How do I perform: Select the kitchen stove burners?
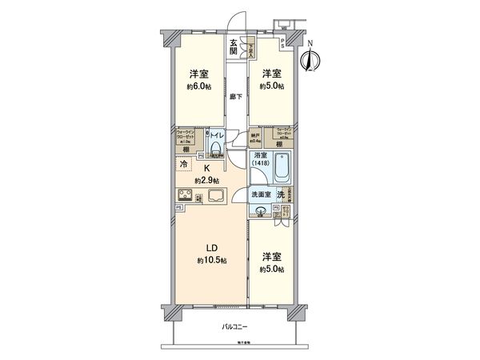184,197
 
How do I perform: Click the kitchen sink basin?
216,197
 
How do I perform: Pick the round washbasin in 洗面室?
262,211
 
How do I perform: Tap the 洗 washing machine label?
281,195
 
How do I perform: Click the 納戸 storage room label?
255,134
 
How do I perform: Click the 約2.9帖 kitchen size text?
206,179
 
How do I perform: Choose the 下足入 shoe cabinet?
250,47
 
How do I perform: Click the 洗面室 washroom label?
261,195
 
